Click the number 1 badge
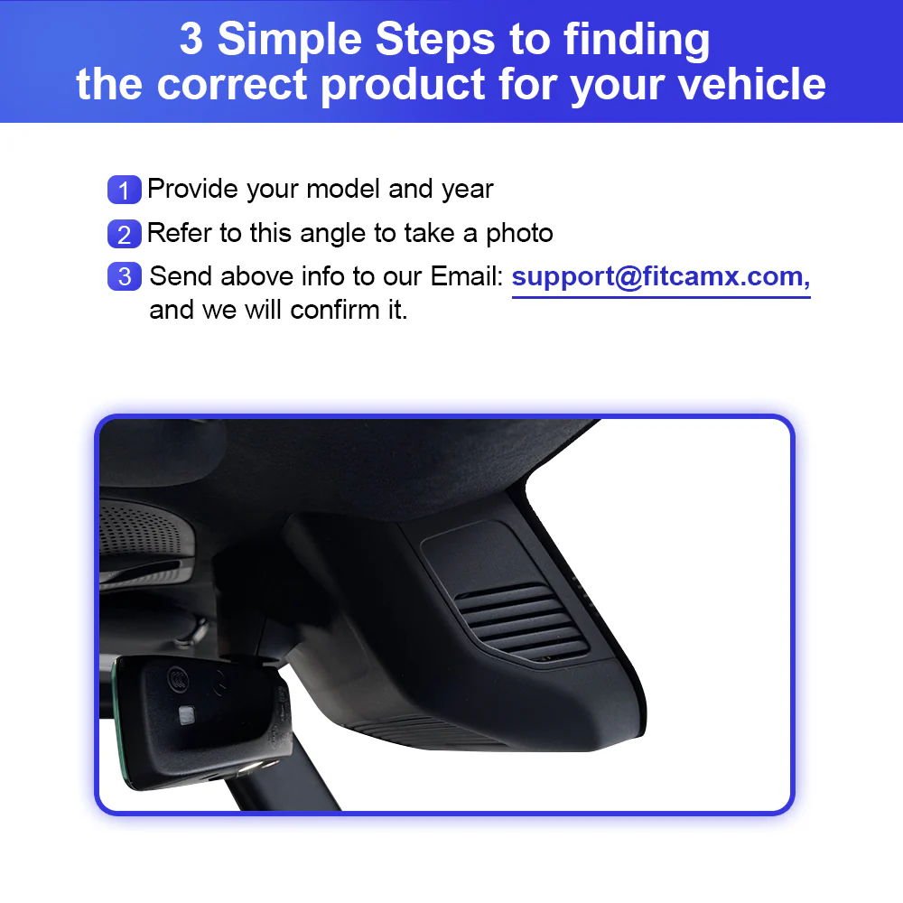125,190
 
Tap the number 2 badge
125,234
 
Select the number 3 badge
125,276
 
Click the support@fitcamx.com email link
661,278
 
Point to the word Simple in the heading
290,39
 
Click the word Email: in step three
467,276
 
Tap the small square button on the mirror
187,715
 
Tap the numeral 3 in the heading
191,39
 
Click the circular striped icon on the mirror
178,678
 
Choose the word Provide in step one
192,189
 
